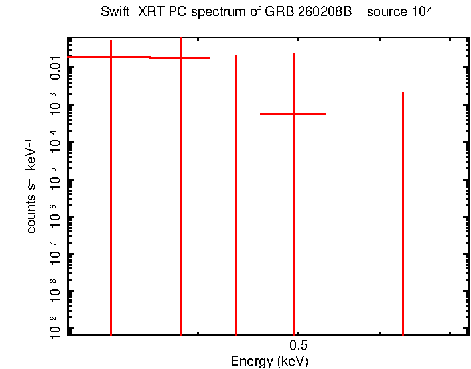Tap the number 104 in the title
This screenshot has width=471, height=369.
click(422, 13)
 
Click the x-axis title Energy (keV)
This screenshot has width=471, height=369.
click(269, 362)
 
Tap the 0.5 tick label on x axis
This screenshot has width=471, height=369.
click(298, 346)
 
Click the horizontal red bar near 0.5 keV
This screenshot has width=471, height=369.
click(293, 114)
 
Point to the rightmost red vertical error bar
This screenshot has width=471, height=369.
click(403, 212)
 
